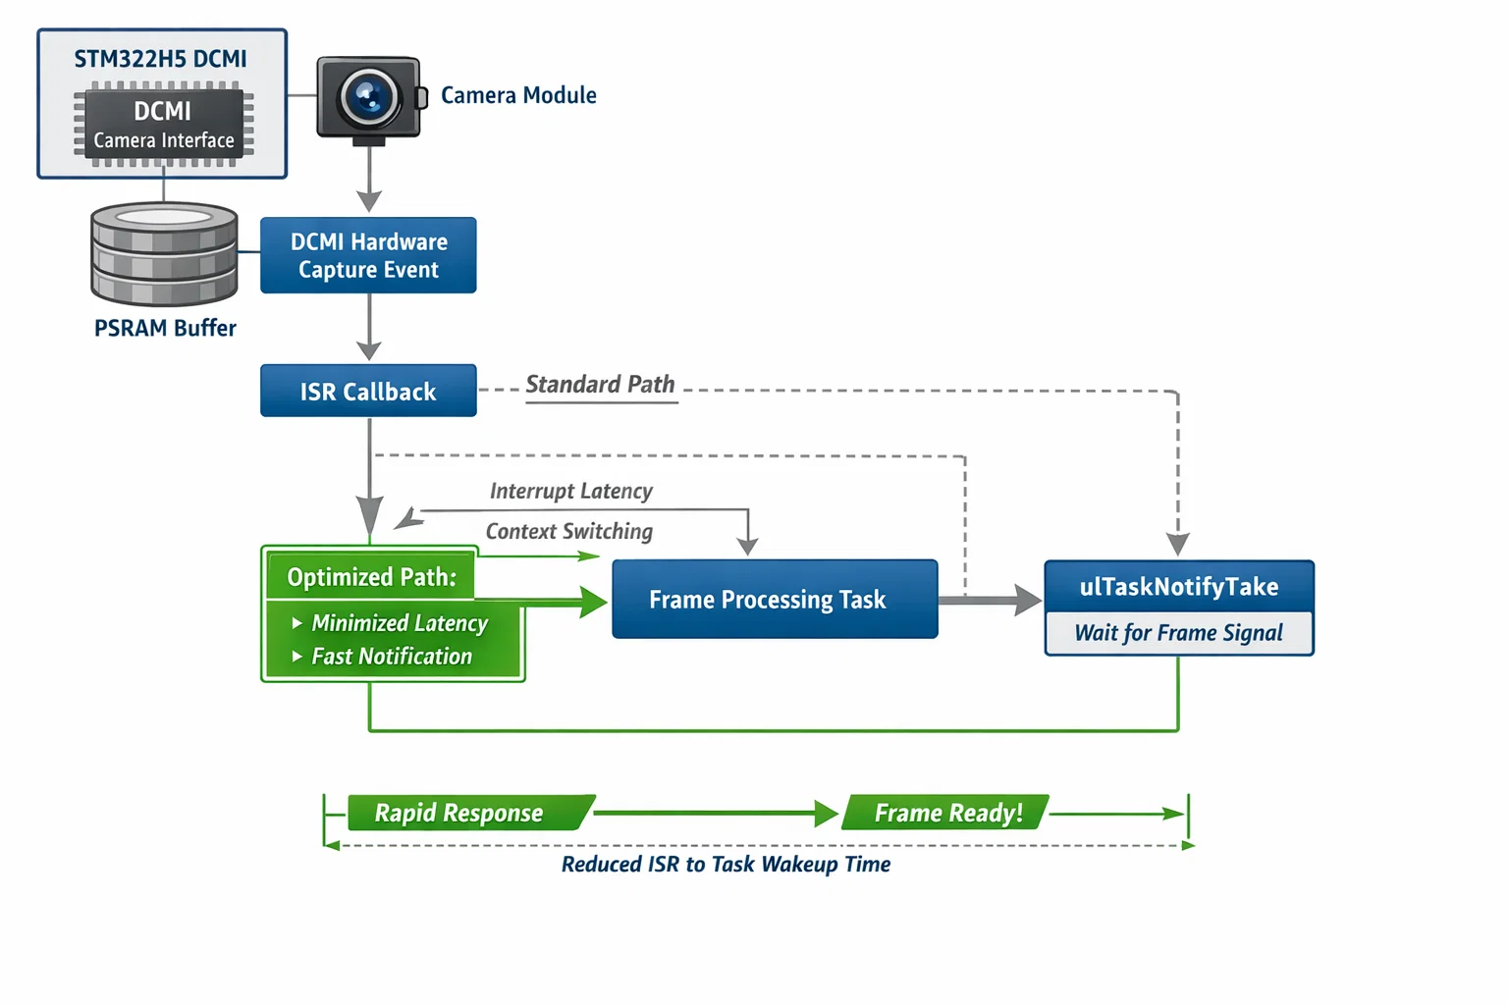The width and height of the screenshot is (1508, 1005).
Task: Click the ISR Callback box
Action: [368, 391]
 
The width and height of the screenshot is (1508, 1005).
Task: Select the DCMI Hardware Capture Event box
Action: [368, 255]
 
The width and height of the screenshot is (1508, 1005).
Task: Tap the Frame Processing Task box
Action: [775, 599]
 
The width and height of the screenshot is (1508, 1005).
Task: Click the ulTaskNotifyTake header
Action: [1179, 586]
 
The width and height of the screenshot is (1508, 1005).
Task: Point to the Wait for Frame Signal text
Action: [1179, 633]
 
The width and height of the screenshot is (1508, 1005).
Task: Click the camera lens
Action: [369, 96]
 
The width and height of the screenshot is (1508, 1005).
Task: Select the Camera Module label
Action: [518, 95]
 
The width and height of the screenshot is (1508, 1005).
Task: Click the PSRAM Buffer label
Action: [165, 328]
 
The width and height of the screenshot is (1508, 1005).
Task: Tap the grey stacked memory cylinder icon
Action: [164, 254]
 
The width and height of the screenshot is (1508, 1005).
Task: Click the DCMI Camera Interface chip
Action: [164, 124]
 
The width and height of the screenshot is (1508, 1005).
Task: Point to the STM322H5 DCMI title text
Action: [161, 59]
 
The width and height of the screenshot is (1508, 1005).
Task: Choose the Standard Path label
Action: [600, 384]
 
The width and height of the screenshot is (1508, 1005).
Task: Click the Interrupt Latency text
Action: [570, 491]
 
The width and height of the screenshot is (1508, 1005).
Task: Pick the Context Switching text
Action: [568, 531]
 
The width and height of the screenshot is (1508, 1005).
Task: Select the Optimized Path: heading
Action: [371, 577]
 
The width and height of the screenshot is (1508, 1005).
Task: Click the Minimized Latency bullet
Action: [399, 623]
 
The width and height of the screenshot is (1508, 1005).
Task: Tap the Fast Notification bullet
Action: [391, 657]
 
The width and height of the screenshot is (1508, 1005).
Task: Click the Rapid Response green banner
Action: [459, 813]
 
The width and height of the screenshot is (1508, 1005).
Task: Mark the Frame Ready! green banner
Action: [947, 813]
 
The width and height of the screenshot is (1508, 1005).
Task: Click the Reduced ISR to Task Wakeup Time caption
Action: [726, 864]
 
